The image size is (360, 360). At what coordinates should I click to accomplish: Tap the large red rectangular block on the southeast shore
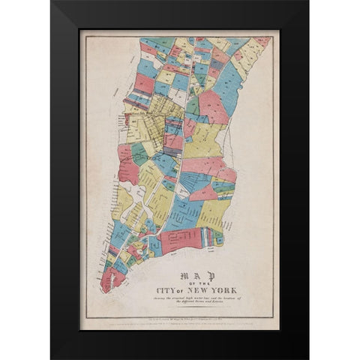(x=182, y=239)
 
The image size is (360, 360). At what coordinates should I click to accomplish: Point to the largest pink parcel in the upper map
(x=212, y=107)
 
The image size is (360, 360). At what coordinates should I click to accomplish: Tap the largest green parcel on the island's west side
(x=139, y=154)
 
